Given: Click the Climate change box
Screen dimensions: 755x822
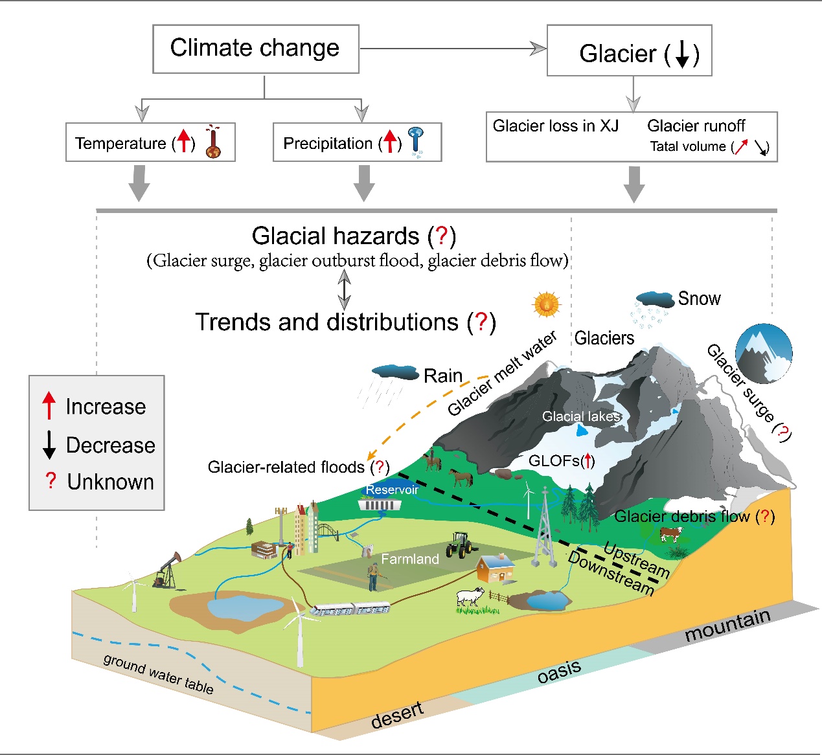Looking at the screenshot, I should [x=255, y=49].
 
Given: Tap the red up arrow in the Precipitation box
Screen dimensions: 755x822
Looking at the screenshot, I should [x=389, y=141].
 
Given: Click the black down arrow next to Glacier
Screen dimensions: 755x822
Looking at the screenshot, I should [x=682, y=55].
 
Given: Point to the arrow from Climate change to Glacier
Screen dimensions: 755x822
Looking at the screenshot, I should [x=453, y=49].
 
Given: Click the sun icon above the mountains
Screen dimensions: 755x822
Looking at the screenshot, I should [x=546, y=304].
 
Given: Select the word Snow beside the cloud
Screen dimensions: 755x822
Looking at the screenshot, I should [x=699, y=299].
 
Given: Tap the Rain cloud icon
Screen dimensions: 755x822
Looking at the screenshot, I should [x=395, y=372].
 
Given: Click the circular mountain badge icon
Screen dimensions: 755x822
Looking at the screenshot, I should [x=764, y=354].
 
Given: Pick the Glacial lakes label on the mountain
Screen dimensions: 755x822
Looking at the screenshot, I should [x=581, y=416].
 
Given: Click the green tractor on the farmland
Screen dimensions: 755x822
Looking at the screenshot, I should [x=461, y=545].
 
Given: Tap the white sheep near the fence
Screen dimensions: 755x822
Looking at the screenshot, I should [x=470, y=598].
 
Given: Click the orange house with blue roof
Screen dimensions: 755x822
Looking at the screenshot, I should [x=497, y=569].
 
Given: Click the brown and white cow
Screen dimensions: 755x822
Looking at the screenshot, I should [x=670, y=534].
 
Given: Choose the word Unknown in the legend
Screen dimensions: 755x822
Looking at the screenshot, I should [x=110, y=482].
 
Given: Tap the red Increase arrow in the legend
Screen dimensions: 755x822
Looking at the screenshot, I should [x=49, y=405].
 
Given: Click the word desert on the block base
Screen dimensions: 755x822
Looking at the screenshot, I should [x=397, y=715].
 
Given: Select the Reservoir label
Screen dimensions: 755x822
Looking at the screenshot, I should [x=392, y=490].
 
